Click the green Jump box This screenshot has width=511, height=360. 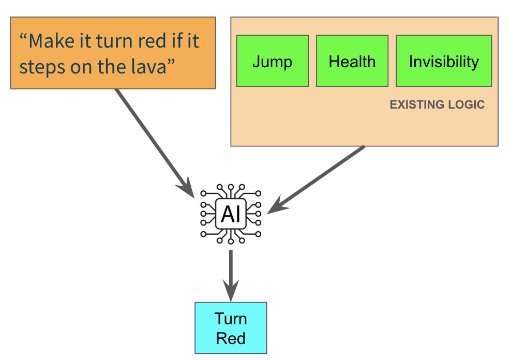coord(273,61)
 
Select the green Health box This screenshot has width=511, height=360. coord(352,61)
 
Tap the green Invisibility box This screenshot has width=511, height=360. coord(444,61)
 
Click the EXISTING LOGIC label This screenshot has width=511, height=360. coord(437,104)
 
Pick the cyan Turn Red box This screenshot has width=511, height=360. coord(231,328)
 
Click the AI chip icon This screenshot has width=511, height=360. coord(231,214)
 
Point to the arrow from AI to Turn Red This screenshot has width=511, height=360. coord(231,276)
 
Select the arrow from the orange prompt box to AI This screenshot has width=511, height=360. coord(155,143)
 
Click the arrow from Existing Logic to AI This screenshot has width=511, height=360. coord(315,180)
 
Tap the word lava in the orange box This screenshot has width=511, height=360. coord(153,67)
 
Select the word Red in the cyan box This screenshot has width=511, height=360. coord(231,338)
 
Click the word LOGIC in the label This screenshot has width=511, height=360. coord(467,104)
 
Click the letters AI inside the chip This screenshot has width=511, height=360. coord(231,214)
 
